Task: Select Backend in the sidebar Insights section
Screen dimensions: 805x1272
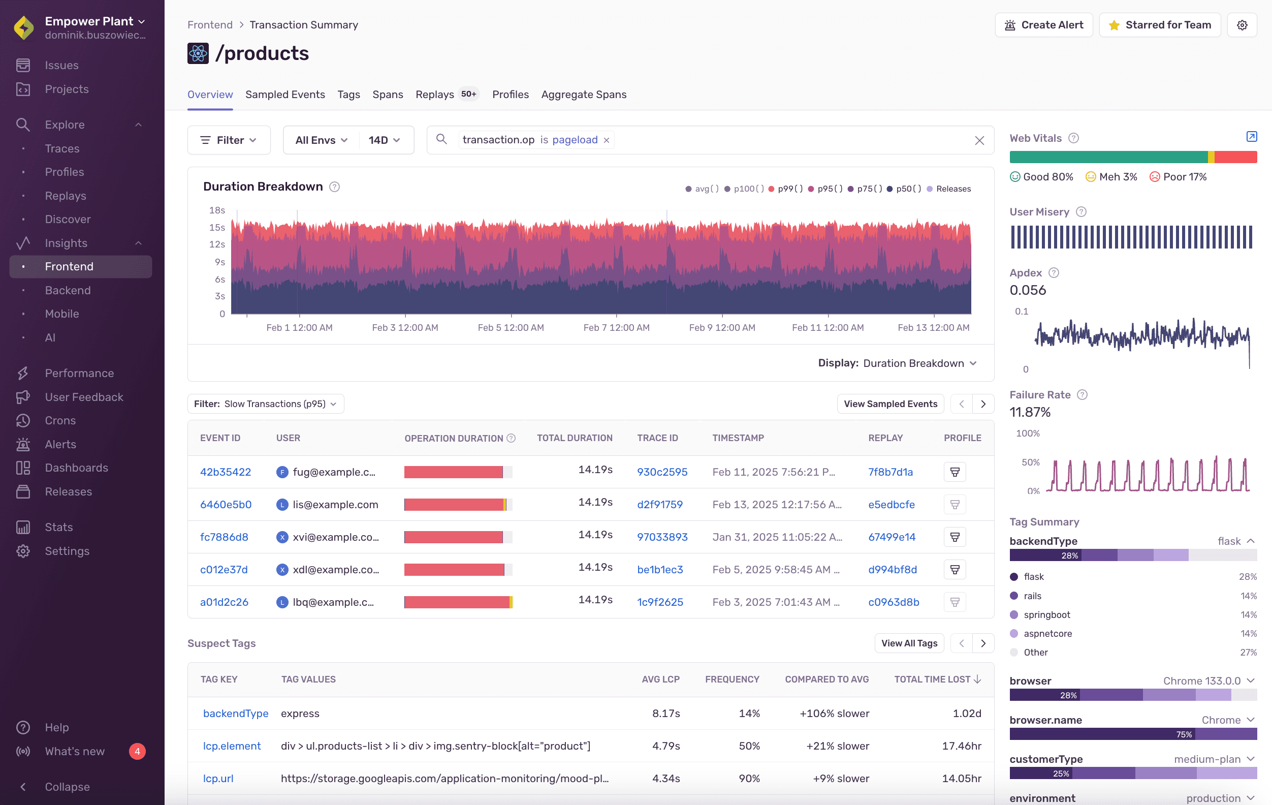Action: click(x=68, y=290)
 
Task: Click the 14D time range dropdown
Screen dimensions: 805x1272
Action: click(x=384, y=140)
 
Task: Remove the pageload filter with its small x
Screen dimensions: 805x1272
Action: click(x=607, y=140)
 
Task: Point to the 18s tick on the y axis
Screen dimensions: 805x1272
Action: click(x=216, y=210)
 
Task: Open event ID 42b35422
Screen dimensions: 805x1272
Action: click(x=225, y=472)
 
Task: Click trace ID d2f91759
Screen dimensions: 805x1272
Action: click(x=659, y=504)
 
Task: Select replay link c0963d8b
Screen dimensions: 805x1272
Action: click(x=893, y=602)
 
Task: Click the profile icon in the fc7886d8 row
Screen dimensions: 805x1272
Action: click(x=955, y=537)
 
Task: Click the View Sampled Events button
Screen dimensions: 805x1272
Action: click(x=890, y=404)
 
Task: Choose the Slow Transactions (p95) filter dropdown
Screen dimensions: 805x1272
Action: click(x=265, y=404)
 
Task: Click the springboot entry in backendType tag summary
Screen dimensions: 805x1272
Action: click(x=1046, y=615)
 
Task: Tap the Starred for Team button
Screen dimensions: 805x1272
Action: click(x=1160, y=25)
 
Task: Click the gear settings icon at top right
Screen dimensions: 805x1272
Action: click(x=1242, y=25)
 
